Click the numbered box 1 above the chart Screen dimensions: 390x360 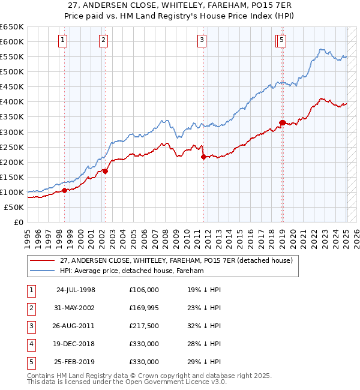pos(63,40)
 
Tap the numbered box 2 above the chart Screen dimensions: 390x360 pos(103,40)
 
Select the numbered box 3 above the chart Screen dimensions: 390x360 pos(202,40)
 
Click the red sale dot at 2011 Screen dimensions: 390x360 pos(203,157)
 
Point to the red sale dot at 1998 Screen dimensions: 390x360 pos(64,191)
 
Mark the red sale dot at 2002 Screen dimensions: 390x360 pos(105,172)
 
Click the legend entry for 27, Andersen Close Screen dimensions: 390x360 pos(176,260)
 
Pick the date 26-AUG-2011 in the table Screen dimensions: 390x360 pos(75,326)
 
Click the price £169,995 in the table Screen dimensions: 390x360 pos(144,308)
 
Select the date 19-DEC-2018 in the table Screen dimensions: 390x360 pos(75,344)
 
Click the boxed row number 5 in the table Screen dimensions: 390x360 pos(31,362)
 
